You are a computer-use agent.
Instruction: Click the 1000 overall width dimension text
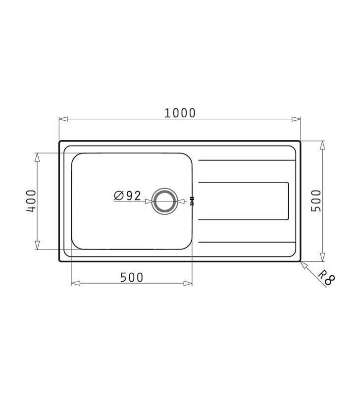click(x=180, y=113)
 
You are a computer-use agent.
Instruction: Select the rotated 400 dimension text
click(x=31, y=201)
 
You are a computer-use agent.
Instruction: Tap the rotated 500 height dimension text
click(x=316, y=200)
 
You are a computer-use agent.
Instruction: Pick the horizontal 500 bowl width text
click(x=132, y=278)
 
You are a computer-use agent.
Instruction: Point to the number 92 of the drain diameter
click(x=133, y=196)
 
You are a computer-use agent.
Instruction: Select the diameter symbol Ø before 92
click(x=119, y=196)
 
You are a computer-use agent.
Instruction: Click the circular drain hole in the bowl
click(x=164, y=201)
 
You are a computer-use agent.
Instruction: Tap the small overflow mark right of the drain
click(x=192, y=201)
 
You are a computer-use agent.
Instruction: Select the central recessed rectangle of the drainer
click(x=243, y=201)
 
